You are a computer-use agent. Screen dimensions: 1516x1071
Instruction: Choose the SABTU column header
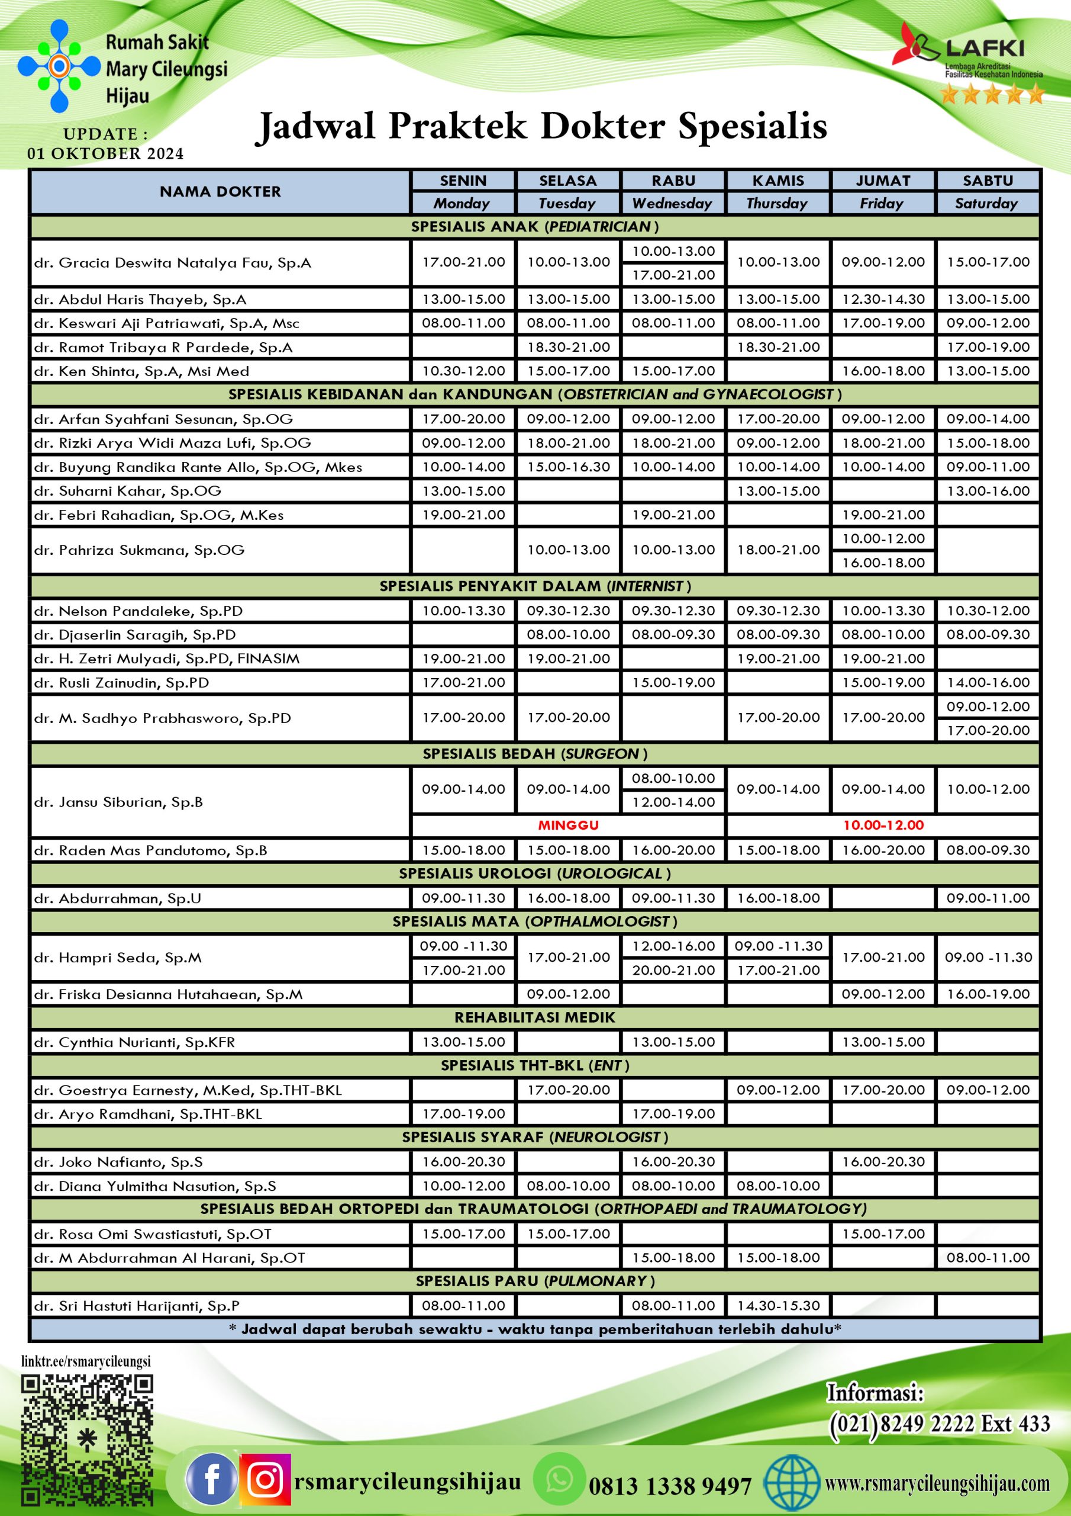coord(987,180)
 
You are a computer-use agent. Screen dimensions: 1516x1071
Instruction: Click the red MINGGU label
coord(568,826)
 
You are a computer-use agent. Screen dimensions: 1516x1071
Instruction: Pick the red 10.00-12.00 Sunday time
coord(883,826)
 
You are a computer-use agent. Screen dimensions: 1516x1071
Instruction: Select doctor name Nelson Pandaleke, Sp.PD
coord(138,611)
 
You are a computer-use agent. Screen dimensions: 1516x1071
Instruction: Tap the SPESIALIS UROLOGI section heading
coord(534,873)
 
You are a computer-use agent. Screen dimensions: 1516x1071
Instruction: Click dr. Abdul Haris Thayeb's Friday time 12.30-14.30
coord(883,299)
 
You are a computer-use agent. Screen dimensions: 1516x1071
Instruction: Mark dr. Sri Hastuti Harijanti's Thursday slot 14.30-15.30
coord(778,1305)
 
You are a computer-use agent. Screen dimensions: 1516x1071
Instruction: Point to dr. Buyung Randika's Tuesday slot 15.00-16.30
coord(568,467)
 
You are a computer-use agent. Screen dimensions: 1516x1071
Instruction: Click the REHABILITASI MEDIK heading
coord(534,1017)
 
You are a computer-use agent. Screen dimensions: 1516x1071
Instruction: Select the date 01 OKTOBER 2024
coord(105,154)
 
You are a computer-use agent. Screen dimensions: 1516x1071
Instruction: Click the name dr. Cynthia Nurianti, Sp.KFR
coord(134,1042)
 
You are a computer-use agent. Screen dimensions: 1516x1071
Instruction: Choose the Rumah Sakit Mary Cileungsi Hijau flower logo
coord(59,66)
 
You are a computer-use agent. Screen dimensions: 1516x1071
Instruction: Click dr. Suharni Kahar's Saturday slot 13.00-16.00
coord(987,490)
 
